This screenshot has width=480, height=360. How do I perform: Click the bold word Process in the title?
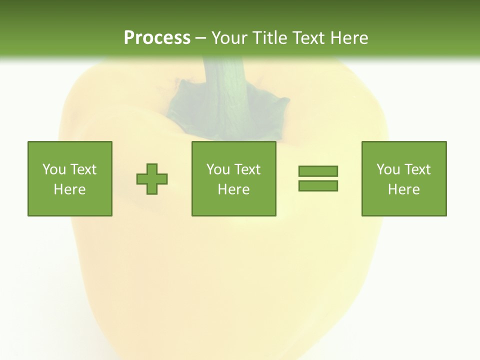pos(157,38)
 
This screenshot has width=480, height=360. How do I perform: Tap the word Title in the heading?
pos(268,38)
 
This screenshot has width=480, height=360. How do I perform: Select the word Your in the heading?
pos(229,38)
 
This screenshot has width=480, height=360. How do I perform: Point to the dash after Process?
pos(200,38)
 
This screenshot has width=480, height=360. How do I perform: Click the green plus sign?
pos(152,179)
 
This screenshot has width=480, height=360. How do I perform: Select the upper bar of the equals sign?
pos(318,171)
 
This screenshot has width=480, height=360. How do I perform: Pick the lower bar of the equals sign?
pos(318,186)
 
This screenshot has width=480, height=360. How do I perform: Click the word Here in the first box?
pos(70,189)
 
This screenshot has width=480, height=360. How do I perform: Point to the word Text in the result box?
pos(417,169)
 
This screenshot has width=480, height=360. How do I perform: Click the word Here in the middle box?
pos(234,189)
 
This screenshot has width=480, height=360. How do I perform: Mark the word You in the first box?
pos(54,169)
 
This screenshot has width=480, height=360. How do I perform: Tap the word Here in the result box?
pos(404,189)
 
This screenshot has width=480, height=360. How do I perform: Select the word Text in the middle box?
pos(247,169)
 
